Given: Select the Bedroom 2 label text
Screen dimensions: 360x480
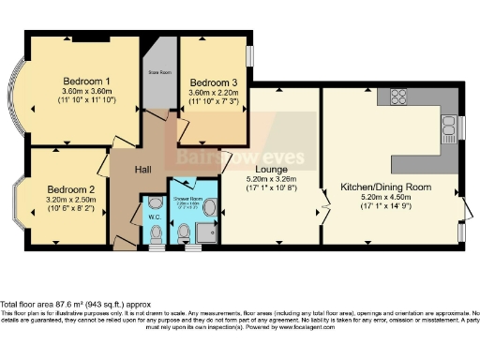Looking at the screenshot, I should coord(71,187).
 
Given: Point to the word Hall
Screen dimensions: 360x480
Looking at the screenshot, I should coord(143,172).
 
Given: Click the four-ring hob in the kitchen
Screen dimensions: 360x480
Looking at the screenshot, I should coord(394,97).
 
